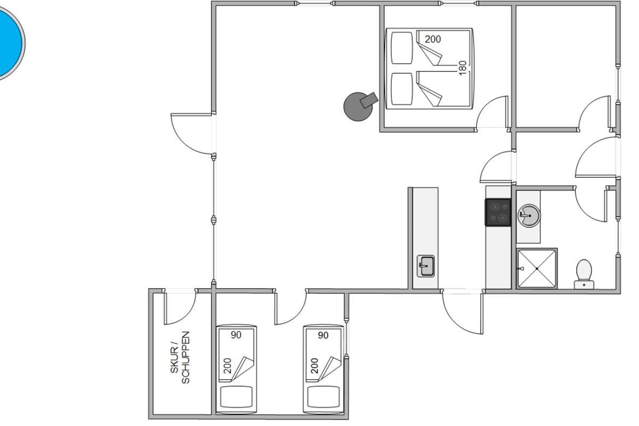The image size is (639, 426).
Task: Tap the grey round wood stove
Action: [x=359, y=107]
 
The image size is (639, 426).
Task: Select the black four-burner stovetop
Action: [x=498, y=212]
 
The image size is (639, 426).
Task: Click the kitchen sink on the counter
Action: [x=425, y=266]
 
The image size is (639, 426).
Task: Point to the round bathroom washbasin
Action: [x=529, y=216]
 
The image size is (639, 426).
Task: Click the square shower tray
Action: [x=537, y=268]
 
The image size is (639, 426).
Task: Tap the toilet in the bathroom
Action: [x=584, y=274]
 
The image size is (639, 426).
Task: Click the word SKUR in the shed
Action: [x=174, y=360]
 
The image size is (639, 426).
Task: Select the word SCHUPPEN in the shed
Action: [x=185, y=357]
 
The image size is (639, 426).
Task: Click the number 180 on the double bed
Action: [x=463, y=68]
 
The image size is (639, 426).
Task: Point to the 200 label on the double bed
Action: [x=433, y=39]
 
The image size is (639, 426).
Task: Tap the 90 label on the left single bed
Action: [x=236, y=335]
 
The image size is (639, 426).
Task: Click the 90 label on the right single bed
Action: [x=323, y=335]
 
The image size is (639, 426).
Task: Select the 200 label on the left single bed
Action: [x=227, y=366]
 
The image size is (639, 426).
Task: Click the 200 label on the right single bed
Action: [x=314, y=366]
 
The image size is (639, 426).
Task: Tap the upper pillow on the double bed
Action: [x=402, y=48]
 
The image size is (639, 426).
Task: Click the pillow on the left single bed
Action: [x=236, y=397]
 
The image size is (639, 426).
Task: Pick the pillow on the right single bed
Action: [x=323, y=397]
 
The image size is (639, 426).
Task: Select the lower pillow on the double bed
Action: [x=402, y=89]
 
